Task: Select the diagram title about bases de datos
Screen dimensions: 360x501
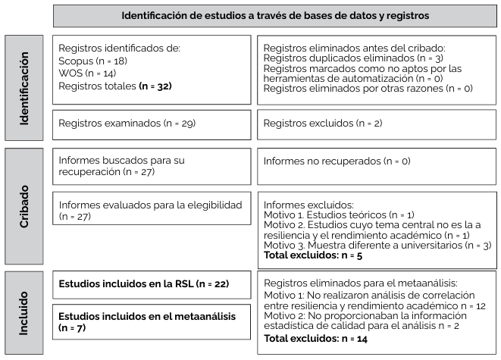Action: pos(275,14)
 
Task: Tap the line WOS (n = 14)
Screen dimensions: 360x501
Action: pos(86,74)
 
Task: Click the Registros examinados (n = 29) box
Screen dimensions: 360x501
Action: pos(152,122)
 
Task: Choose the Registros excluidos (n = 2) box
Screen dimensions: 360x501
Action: pos(376,122)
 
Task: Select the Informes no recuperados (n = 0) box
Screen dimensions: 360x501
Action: pos(376,161)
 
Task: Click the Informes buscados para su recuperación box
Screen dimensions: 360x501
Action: pos(152,167)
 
